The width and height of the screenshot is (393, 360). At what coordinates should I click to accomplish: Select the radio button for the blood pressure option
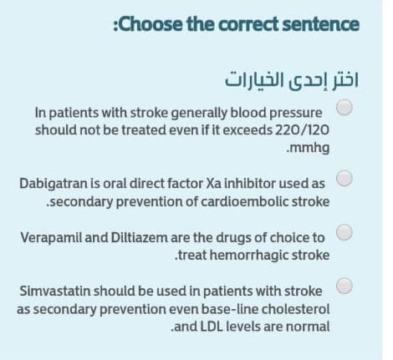[345, 107]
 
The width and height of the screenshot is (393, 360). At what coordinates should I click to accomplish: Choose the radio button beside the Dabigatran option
[345, 178]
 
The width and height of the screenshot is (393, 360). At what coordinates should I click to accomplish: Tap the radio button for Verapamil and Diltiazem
[345, 232]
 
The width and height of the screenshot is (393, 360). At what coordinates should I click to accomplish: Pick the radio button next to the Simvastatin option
[345, 286]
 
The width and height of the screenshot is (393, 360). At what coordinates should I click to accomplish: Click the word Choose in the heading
[151, 24]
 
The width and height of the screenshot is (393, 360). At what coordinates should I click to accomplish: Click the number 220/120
[302, 129]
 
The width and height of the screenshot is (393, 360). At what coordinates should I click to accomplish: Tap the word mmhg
[310, 148]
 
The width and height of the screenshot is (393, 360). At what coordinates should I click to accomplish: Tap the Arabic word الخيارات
[253, 80]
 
